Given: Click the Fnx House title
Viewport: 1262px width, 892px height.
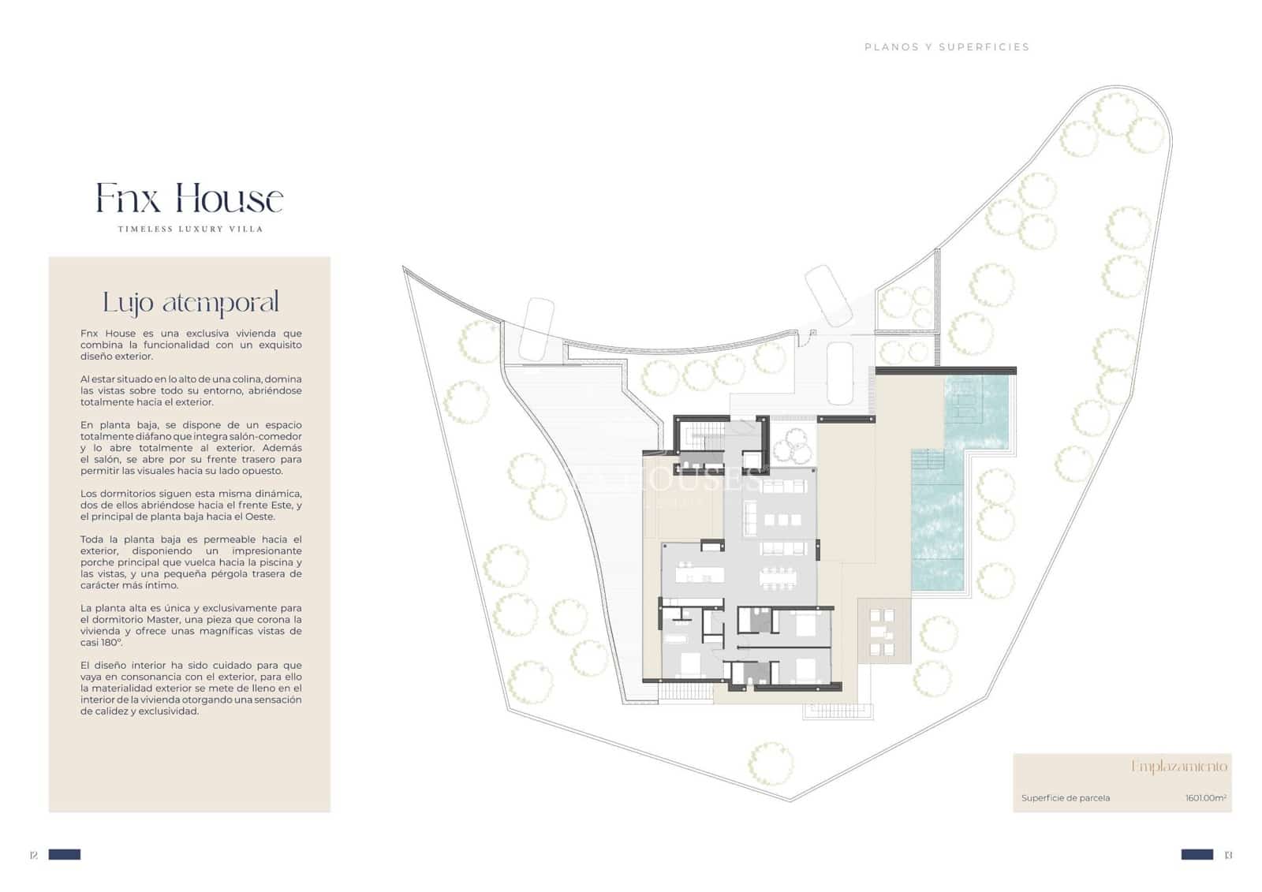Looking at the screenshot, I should click(x=189, y=198).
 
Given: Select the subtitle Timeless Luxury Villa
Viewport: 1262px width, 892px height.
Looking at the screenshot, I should click(x=190, y=229).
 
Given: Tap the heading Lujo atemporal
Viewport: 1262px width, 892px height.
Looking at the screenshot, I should click(x=190, y=302).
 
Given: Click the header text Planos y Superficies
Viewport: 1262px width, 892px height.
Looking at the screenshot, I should click(x=946, y=47).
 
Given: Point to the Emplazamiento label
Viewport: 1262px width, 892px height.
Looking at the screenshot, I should click(x=1179, y=766).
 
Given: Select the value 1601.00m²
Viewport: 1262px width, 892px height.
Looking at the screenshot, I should click(x=1205, y=798).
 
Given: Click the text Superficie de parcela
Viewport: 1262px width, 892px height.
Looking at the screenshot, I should click(x=1065, y=798).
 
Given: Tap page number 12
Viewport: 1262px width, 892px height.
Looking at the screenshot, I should click(x=33, y=855).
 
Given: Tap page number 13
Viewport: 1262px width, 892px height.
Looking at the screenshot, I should click(x=1227, y=855).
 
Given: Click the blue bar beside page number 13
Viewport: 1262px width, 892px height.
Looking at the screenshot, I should click(x=1197, y=854).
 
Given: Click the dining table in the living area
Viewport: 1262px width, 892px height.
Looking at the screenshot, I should click(x=778, y=577).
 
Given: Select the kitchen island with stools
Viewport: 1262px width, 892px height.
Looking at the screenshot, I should click(x=693, y=572).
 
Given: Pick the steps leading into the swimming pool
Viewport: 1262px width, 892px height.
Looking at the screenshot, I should click(x=928, y=459).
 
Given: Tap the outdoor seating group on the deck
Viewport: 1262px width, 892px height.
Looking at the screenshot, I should click(x=881, y=633).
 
